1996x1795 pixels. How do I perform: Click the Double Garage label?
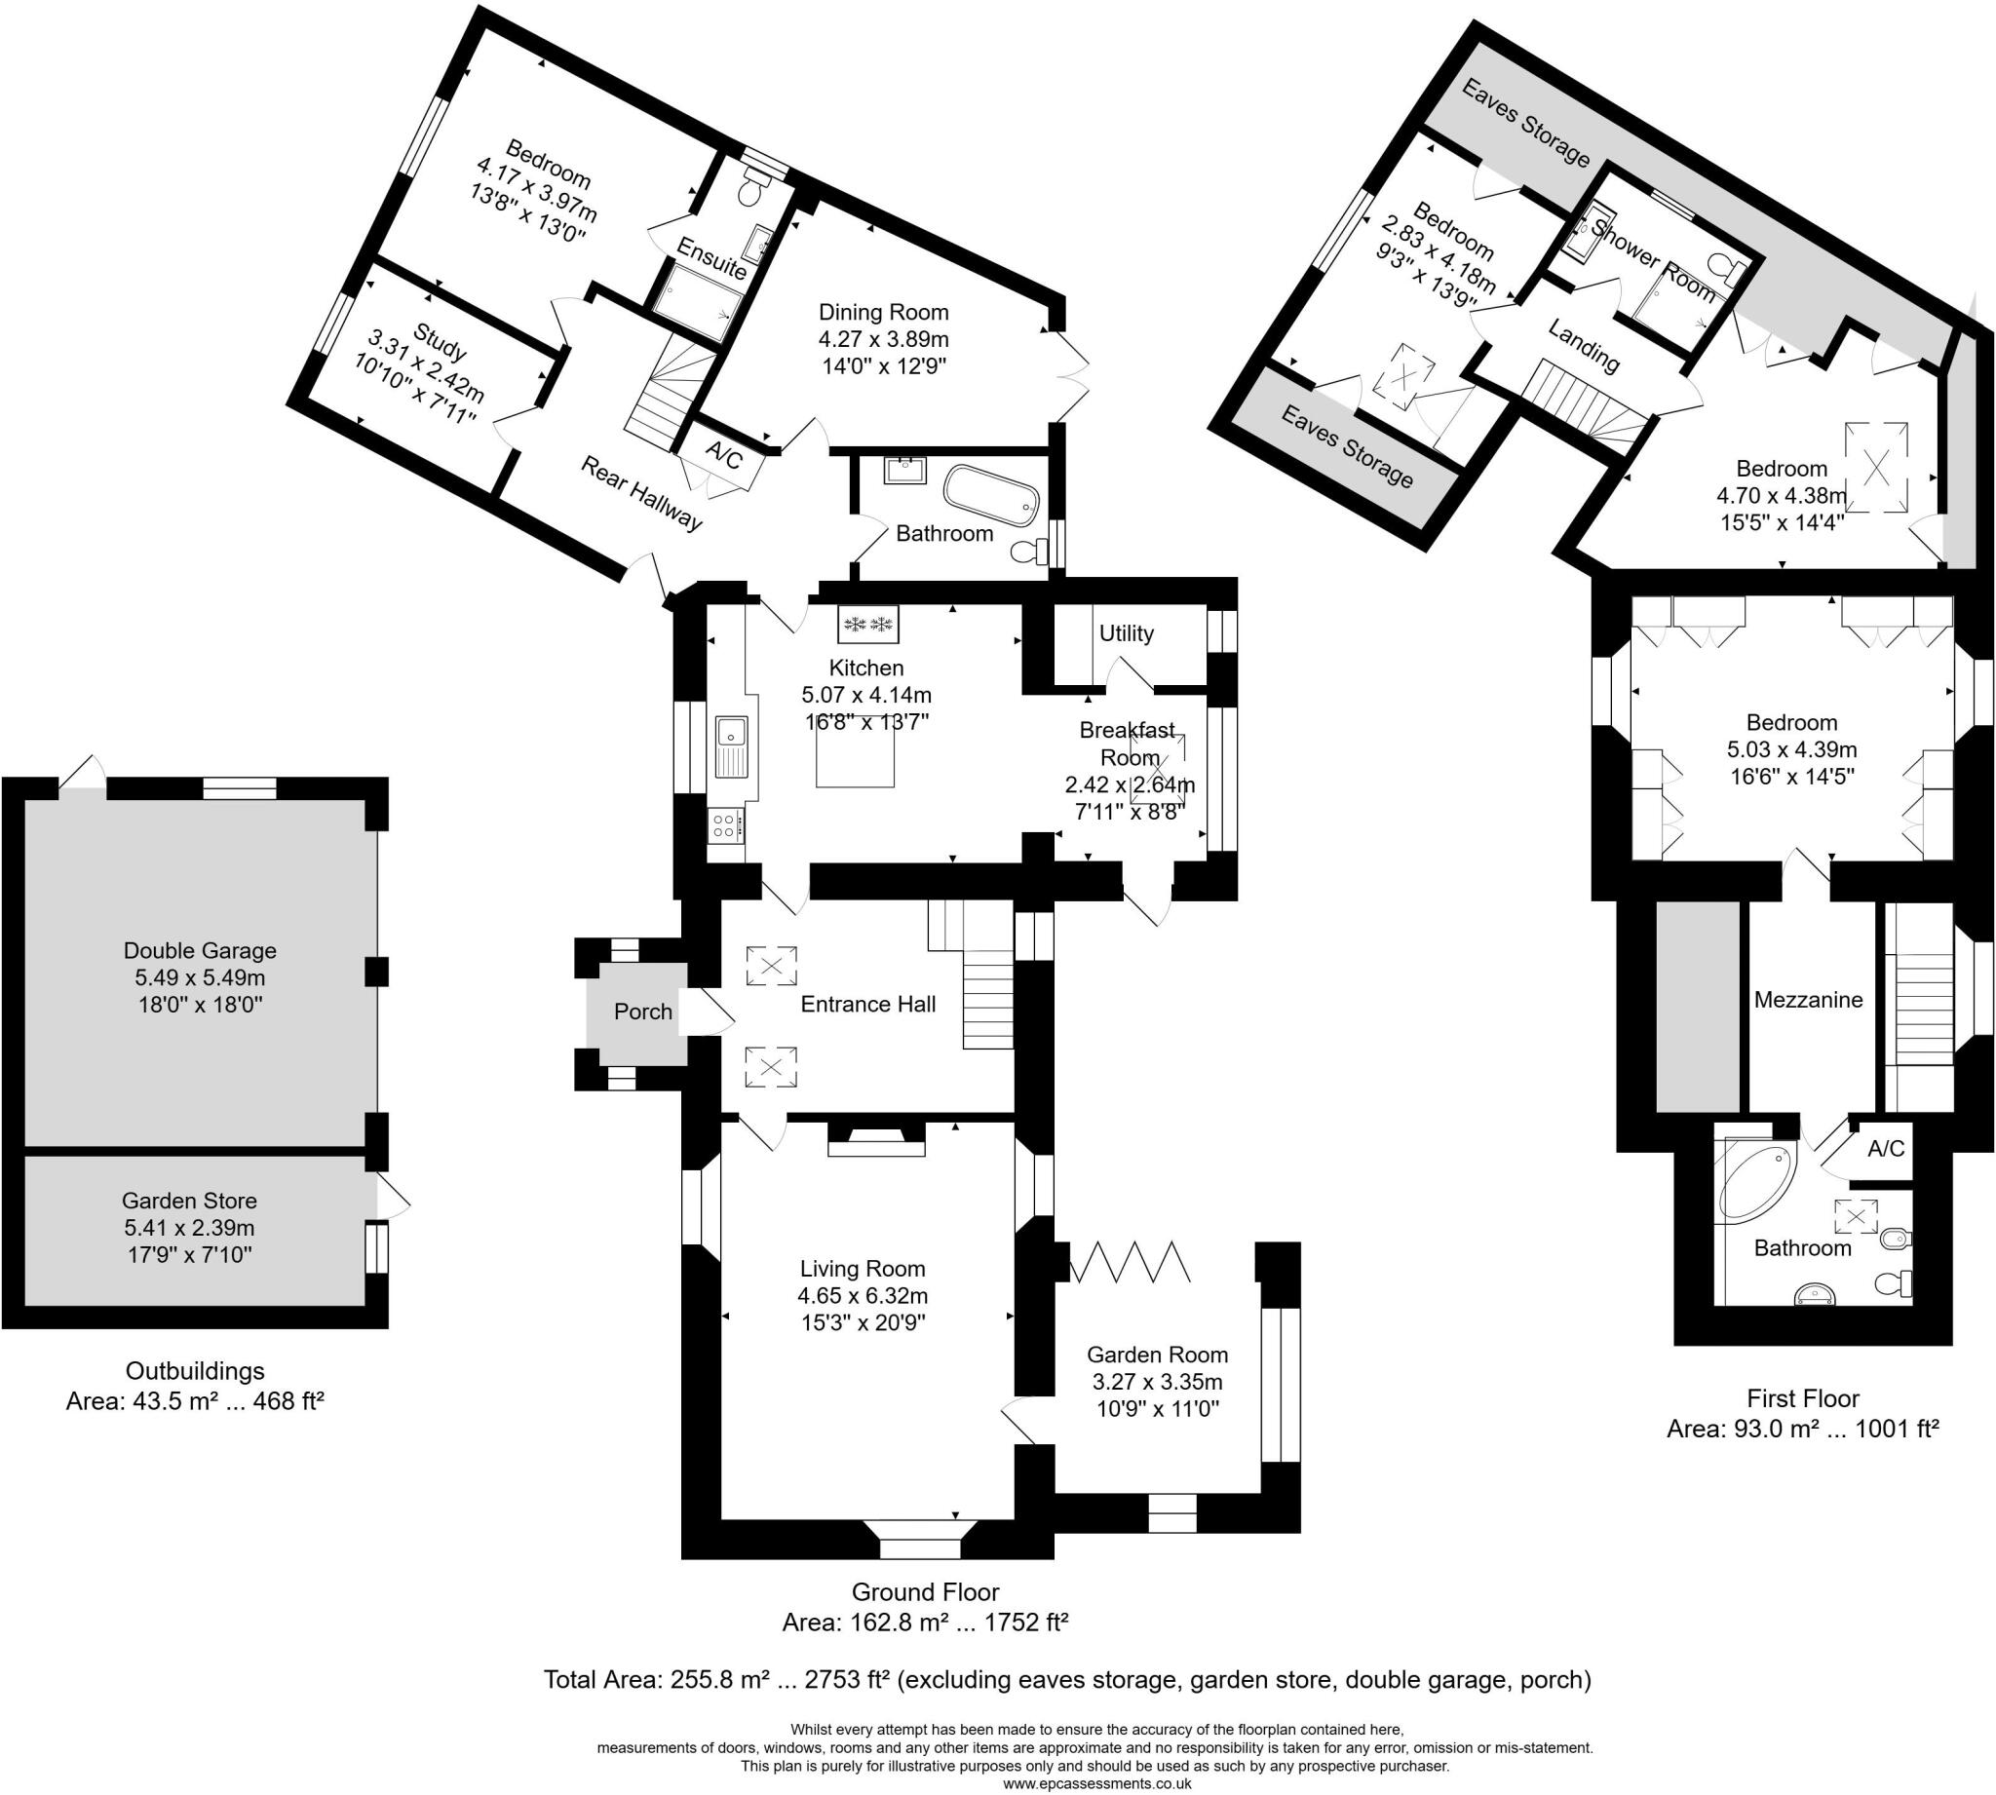tap(199, 951)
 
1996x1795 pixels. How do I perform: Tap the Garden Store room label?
tap(189, 1201)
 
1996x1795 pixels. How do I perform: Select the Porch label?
tap(643, 1011)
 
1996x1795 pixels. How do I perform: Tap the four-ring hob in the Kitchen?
tap(725, 824)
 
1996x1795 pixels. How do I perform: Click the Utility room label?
tap(1127, 633)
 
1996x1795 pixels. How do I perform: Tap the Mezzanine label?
tap(1808, 999)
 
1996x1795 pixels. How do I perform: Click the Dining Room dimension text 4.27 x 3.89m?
tap(883, 339)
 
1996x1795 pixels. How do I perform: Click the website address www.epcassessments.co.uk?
tap(1095, 1783)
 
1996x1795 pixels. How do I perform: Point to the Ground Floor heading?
tap(925, 1592)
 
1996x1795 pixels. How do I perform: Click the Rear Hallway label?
tap(641, 492)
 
